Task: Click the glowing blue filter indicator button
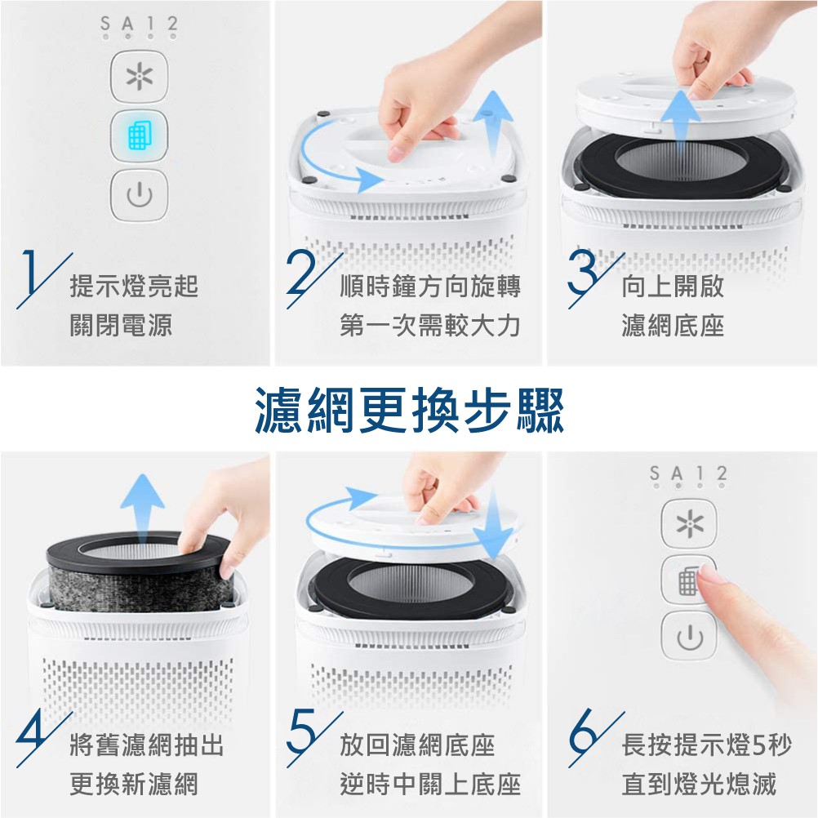[x=140, y=136]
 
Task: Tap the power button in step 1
[x=140, y=194]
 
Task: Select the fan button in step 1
[x=140, y=77]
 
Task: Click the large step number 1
[x=30, y=273]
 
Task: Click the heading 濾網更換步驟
[x=410, y=411]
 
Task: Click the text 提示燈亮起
[x=134, y=286]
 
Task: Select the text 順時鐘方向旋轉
[x=430, y=286]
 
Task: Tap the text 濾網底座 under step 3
[x=673, y=326]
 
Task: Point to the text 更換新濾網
[x=134, y=784]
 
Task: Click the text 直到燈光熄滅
[x=699, y=784]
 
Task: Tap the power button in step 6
[x=689, y=636]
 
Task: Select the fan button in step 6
[x=689, y=523]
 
